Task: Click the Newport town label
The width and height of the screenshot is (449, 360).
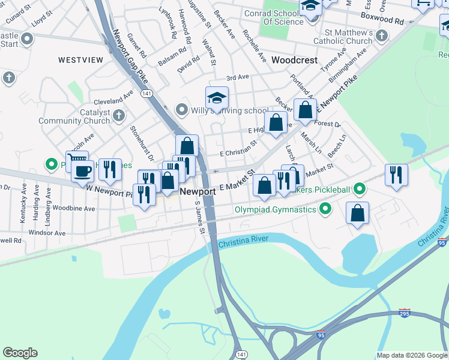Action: click(198, 191)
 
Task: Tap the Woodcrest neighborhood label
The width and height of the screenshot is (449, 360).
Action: click(294, 61)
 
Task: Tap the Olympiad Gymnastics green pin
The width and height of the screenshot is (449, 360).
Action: click(325, 209)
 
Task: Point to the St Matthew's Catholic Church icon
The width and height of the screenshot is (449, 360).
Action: click(381, 37)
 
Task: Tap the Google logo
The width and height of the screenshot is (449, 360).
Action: click(20, 353)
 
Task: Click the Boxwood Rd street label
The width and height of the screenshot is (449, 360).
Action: click(383, 20)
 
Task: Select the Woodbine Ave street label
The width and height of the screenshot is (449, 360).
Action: click(73, 209)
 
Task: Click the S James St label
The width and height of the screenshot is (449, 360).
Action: click(199, 218)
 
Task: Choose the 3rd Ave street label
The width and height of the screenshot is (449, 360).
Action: click(237, 77)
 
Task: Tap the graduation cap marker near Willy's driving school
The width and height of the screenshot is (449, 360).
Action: click(217, 97)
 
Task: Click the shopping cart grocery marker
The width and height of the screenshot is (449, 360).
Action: click(76, 160)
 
